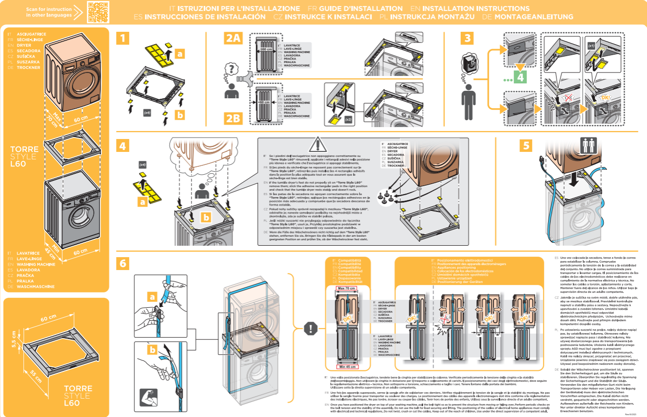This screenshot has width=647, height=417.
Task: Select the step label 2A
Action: click(233, 38)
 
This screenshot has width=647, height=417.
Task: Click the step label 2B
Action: click(233, 118)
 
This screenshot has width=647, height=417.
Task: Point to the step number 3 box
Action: click(466, 38)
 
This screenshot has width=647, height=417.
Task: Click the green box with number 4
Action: click(519, 77)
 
